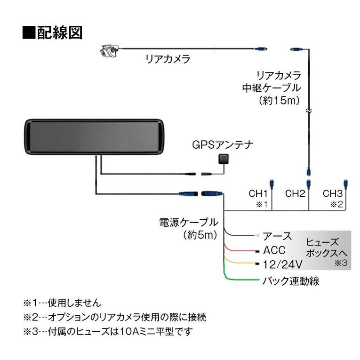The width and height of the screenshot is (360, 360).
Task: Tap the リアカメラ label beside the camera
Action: click(x=168, y=59)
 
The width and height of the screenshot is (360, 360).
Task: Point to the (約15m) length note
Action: click(x=279, y=100)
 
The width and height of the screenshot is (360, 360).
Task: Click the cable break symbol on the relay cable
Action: click(x=308, y=112)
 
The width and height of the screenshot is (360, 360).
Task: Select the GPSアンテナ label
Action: click(x=220, y=144)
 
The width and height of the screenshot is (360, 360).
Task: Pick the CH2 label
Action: click(x=296, y=193)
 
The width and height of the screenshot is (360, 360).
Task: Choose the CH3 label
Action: click(x=332, y=193)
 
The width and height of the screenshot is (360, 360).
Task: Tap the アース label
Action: click(x=277, y=236)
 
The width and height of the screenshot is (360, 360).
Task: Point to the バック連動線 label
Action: click(x=290, y=281)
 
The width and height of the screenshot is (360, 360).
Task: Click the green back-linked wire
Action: click(x=240, y=280)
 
